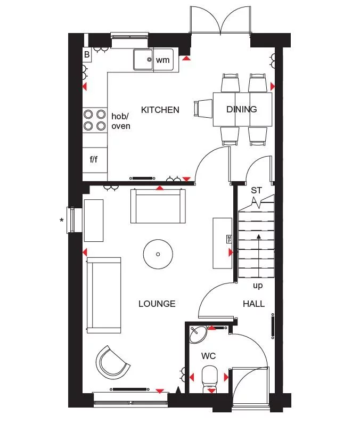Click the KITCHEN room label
(x=160, y=110)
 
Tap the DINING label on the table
(x=242, y=109)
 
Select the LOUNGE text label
(x=157, y=304)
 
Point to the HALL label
(x=253, y=304)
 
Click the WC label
(x=208, y=355)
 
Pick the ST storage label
(x=257, y=190)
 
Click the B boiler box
(x=87, y=54)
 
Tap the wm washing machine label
(x=162, y=60)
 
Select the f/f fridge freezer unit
(x=94, y=159)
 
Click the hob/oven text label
(x=121, y=121)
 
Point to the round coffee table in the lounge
(x=158, y=254)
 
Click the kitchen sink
(x=143, y=59)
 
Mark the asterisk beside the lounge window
(x=62, y=219)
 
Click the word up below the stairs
(x=258, y=286)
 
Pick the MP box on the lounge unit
(x=230, y=239)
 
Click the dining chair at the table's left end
(x=203, y=109)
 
